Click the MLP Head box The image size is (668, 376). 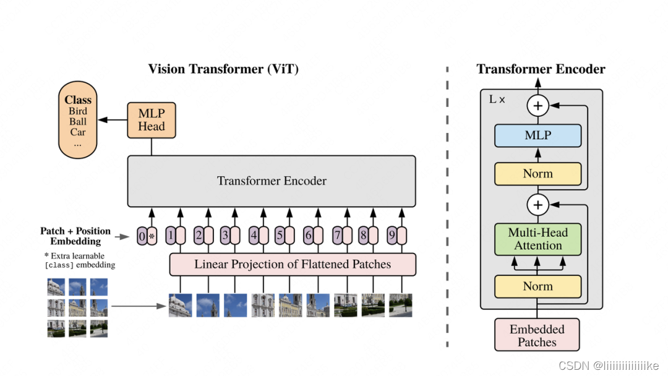(x=152, y=120)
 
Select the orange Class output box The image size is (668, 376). (x=78, y=122)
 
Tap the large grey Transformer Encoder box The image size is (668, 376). (x=272, y=181)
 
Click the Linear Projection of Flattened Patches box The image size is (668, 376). (x=293, y=265)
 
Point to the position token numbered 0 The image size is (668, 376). (x=142, y=236)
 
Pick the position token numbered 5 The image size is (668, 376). (x=280, y=236)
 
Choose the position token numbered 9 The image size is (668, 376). (x=391, y=236)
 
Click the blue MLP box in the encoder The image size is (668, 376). (x=537, y=135)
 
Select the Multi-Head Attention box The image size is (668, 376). (x=537, y=239)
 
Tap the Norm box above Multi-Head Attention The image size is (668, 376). (x=537, y=174)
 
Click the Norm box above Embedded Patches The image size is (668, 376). (x=537, y=286)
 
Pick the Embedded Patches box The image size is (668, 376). (x=537, y=335)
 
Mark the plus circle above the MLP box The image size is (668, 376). (x=537, y=106)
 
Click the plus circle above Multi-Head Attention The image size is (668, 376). (x=537, y=204)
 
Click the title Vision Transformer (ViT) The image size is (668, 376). (x=223, y=69)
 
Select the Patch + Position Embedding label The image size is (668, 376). (x=75, y=236)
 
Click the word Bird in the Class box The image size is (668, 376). (x=78, y=111)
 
